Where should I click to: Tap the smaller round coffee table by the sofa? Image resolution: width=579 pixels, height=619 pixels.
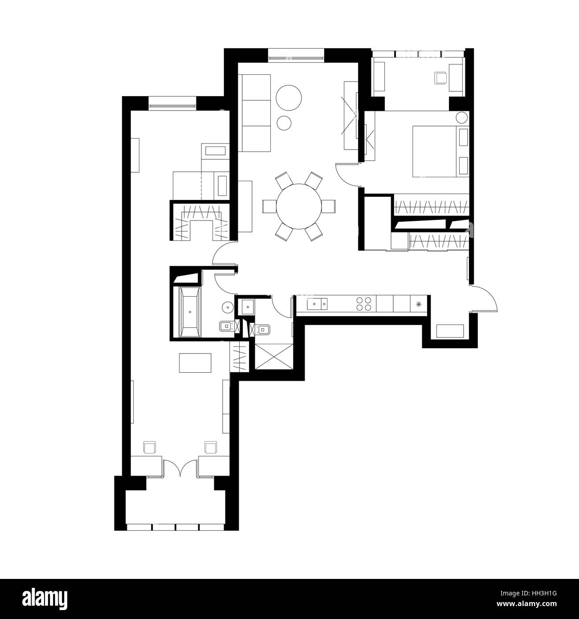click(x=284, y=122)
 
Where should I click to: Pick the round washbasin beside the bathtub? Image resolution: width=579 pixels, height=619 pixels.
click(x=228, y=307)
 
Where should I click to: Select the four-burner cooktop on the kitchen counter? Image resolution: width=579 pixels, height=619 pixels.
click(x=363, y=304)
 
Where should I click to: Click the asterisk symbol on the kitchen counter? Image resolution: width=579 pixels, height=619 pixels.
click(x=418, y=304)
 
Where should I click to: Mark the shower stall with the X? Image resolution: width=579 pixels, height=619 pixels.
click(x=273, y=356)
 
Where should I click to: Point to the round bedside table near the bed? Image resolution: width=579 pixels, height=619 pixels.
click(x=462, y=118)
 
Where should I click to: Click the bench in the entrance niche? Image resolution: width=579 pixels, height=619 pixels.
click(x=450, y=331)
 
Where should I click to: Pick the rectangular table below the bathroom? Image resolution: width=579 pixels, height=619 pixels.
click(x=195, y=362)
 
